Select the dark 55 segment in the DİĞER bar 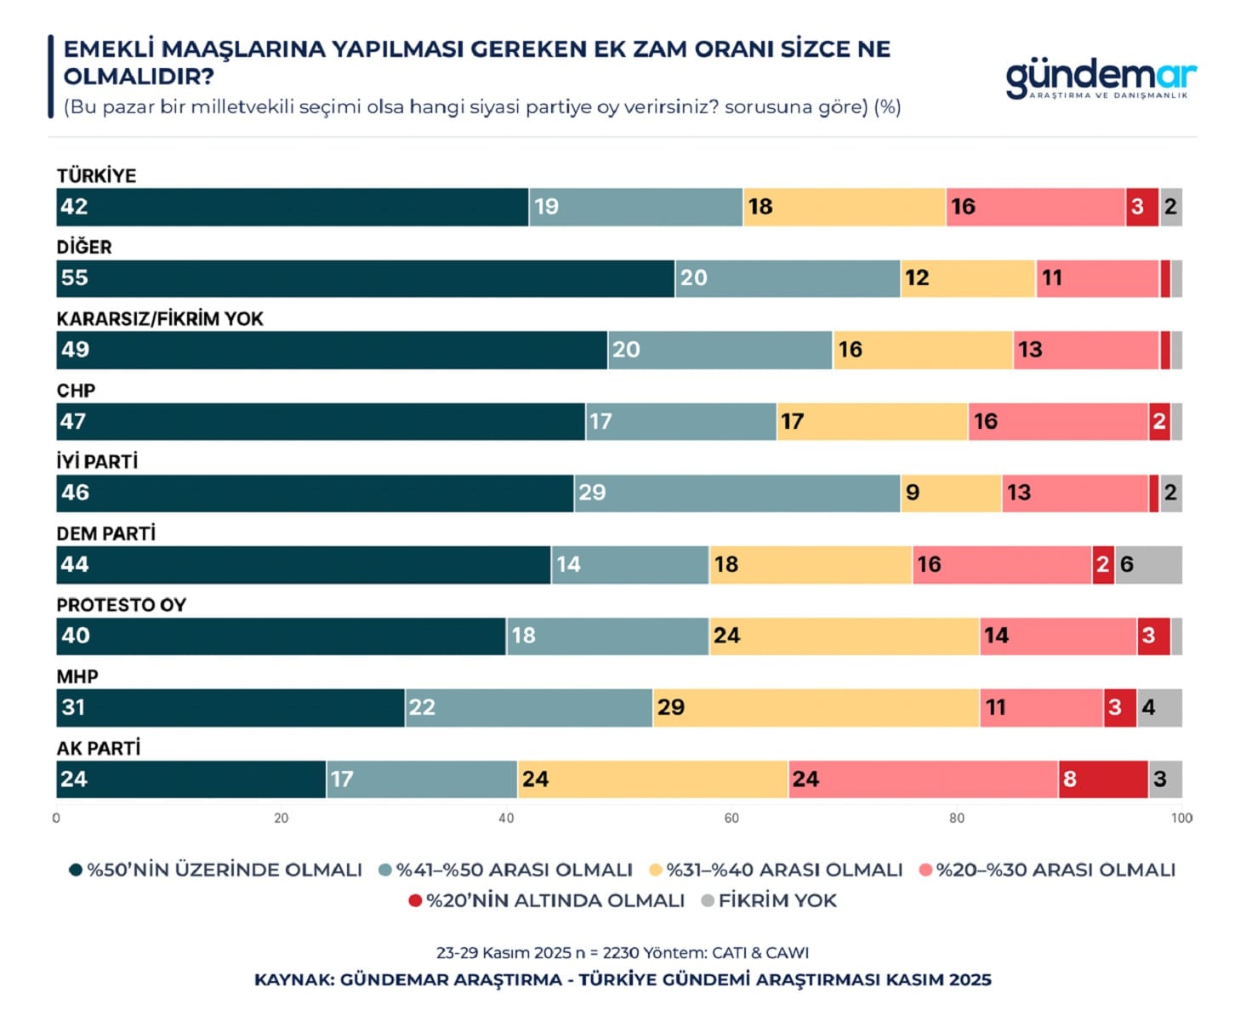point(366,278)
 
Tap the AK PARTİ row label point(99,748)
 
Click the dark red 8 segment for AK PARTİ point(1102,779)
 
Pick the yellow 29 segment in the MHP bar point(816,708)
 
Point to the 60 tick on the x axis point(731,819)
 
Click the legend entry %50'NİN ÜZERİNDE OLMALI point(216,870)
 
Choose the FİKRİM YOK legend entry point(769,900)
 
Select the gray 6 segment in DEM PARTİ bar point(1148,565)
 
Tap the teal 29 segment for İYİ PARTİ point(737,494)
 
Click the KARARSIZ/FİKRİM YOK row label point(160,319)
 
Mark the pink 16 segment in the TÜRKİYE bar point(1035,207)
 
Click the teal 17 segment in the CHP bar point(680,422)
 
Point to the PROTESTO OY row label point(122,605)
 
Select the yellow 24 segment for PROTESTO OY point(844,636)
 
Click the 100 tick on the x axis point(1181,819)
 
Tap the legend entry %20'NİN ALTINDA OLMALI point(546,900)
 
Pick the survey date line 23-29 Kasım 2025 point(622,953)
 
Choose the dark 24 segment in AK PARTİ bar point(191,779)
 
